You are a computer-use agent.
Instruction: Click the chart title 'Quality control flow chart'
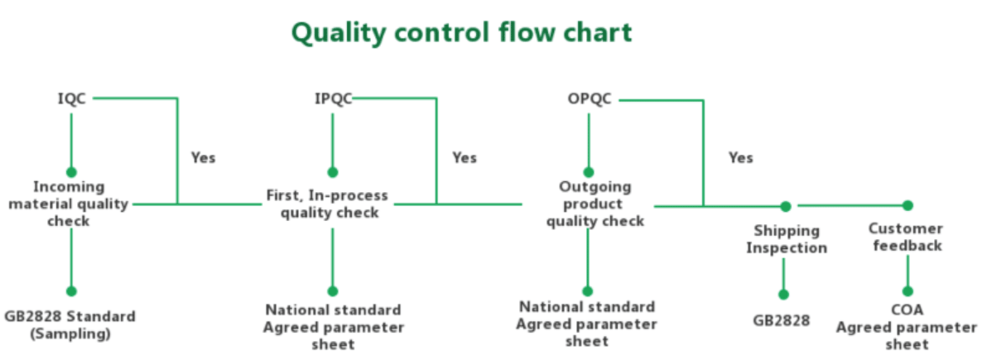pyautogui.click(x=461, y=32)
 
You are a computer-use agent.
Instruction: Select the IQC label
pyautogui.click(x=71, y=99)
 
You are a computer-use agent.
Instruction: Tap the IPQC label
pyautogui.click(x=333, y=99)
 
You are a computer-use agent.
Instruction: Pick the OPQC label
pyautogui.click(x=590, y=99)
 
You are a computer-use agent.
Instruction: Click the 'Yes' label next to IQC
pyautogui.click(x=203, y=157)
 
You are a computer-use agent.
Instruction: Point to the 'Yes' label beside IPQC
pyautogui.click(x=464, y=157)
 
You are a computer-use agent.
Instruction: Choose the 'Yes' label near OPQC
pyautogui.click(x=741, y=157)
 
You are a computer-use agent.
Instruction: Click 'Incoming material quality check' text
pyautogui.click(x=70, y=204)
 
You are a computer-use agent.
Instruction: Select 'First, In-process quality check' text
pyautogui.click(x=328, y=204)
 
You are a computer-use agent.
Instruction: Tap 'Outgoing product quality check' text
pyautogui.click(x=595, y=204)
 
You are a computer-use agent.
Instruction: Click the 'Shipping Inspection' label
pyautogui.click(x=787, y=239)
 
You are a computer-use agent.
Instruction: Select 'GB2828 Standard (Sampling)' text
pyautogui.click(x=70, y=325)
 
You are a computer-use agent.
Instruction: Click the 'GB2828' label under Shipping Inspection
pyautogui.click(x=782, y=320)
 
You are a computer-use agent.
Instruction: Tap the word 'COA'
pyautogui.click(x=907, y=310)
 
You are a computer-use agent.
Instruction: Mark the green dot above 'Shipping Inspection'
pyautogui.click(x=786, y=206)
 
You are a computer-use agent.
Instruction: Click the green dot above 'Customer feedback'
pyautogui.click(x=907, y=204)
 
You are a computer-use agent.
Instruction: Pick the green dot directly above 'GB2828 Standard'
pyautogui.click(x=71, y=291)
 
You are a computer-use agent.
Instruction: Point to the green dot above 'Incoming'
pyautogui.click(x=71, y=172)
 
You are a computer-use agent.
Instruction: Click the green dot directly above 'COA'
pyautogui.click(x=907, y=291)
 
